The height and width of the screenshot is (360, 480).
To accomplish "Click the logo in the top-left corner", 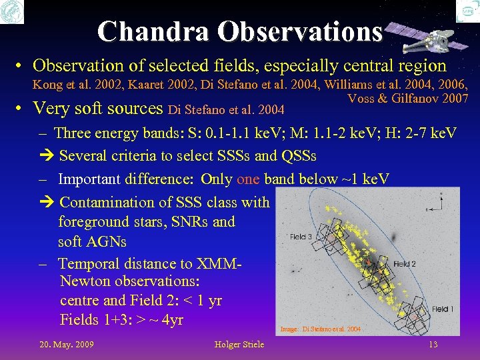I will (x=12, y=12).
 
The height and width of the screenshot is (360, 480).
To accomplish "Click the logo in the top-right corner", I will (x=468, y=11).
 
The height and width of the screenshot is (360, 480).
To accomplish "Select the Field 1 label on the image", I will (x=442, y=309).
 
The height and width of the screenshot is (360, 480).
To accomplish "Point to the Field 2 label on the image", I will (x=404, y=264).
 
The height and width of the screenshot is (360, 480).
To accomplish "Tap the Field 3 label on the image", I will (x=301, y=237).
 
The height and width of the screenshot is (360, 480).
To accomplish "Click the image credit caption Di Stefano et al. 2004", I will (x=321, y=329).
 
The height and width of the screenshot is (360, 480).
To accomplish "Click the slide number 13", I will (x=433, y=344).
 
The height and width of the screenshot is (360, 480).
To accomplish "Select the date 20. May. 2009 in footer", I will (x=66, y=344).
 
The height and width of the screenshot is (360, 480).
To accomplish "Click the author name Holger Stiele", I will (x=239, y=344).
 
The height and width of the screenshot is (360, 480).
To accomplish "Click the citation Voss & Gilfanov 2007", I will (x=408, y=99).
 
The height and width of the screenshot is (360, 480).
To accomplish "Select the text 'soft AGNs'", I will (x=92, y=241).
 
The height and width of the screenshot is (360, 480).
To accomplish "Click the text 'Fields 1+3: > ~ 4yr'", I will (x=121, y=320).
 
